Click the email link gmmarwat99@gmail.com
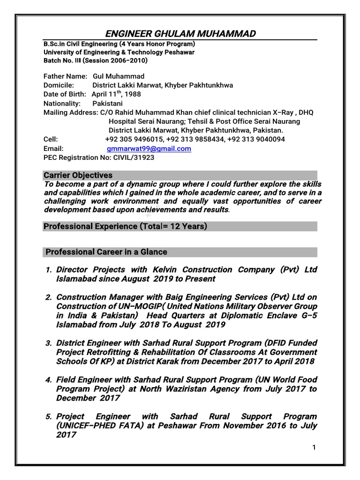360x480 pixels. [149, 149]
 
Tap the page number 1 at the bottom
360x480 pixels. [314, 448]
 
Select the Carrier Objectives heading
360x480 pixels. [78, 175]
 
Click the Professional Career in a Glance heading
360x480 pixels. [106, 252]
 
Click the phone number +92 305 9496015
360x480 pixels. [134, 139]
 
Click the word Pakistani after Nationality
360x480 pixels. [107, 103]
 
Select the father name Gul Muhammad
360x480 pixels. [119, 76]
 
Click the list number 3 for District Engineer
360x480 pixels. [48, 343]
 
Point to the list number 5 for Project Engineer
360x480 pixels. [48, 416]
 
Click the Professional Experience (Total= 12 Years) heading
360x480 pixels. [125, 227]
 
